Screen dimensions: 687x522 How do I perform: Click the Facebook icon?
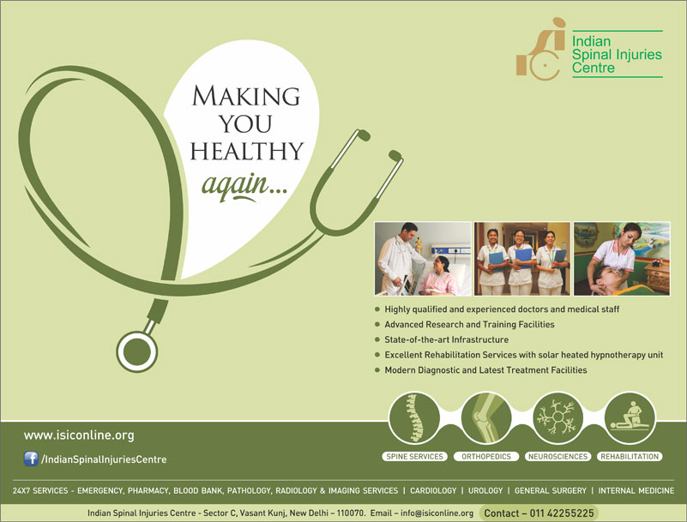click(x=31, y=459)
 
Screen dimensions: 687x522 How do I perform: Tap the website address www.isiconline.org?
click(x=79, y=435)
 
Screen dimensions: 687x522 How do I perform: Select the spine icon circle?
click(x=414, y=417)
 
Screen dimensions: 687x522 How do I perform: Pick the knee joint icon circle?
click(x=486, y=417)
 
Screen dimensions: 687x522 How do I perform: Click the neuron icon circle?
click(x=558, y=417)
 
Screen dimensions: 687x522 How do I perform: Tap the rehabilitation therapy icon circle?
click(x=630, y=417)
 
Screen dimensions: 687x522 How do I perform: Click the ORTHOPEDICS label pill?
click(x=486, y=456)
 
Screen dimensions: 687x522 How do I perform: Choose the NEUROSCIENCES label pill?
click(x=557, y=456)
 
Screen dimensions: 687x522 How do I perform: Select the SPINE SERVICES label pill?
click(x=414, y=456)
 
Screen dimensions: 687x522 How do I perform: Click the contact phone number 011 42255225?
click(x=562, y=513)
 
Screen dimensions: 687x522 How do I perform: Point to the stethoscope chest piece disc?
click(x=137, y=351)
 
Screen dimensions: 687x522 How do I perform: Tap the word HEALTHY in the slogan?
click(x=247, y=151)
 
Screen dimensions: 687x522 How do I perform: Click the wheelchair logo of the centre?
click(x=541, y=49)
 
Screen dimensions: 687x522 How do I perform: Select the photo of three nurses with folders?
click(x=522, y=258)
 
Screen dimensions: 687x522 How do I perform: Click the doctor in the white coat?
click(x=398, y=258)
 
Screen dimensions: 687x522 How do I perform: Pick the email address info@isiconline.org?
click(x=437, y=513)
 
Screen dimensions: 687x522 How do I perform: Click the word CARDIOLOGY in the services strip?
click(x=433, y=490)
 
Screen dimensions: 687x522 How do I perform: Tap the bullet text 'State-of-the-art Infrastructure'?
click(x=447, y=339)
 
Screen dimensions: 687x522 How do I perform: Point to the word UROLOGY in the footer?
click(x=485, y=490)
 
